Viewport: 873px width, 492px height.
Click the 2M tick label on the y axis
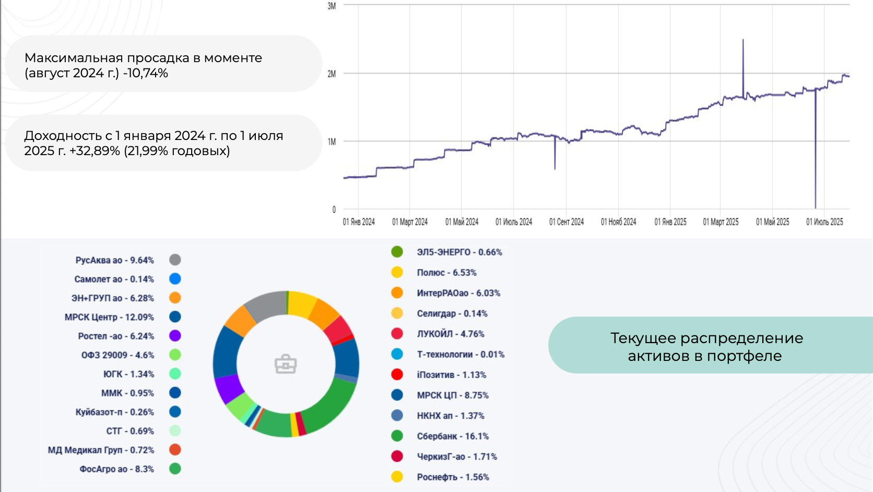332,74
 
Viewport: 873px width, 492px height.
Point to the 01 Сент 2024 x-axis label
567,222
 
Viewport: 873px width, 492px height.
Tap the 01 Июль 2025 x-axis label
824,222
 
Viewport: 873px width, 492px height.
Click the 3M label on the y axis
332,6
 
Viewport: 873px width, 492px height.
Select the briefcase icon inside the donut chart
286,364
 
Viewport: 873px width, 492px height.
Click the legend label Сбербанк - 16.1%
452,436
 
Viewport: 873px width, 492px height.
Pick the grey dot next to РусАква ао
175,260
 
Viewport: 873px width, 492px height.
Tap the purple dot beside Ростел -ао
175,336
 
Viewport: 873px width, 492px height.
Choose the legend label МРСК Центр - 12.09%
109,317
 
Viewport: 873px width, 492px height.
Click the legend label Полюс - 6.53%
446,273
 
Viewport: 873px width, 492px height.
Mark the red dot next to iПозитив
397,374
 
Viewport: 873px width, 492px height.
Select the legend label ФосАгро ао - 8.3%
116,469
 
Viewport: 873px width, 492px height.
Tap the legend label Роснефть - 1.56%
453,477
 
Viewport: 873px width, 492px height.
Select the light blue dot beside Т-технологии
397,354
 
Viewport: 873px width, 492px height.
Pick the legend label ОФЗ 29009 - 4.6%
117,355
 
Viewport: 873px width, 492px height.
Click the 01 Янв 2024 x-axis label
359,222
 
